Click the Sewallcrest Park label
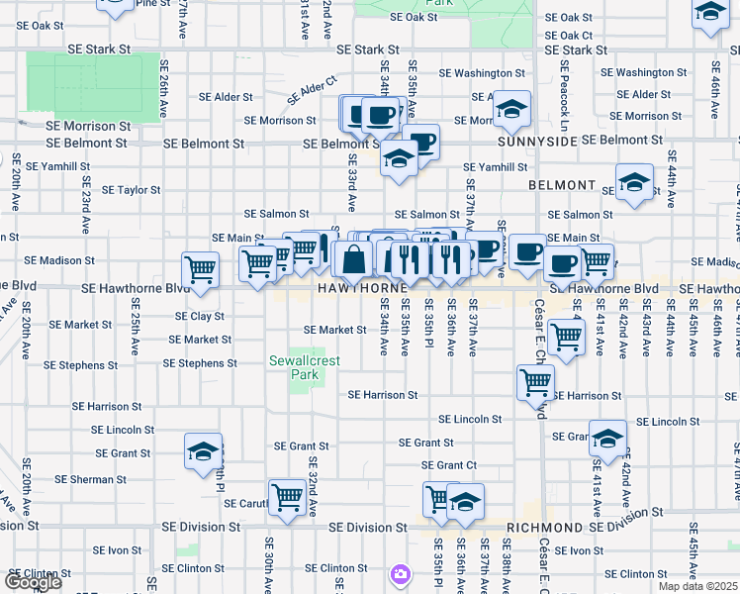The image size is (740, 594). click(x=305, y=368)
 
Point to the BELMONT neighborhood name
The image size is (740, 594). click(x=562, y=186)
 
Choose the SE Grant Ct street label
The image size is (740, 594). click(x=449, y=465)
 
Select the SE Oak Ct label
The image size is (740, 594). click(x=568, y=35)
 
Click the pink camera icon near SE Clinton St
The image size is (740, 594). click(x=400, y=574)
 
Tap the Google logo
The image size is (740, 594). click(x=32, y=582)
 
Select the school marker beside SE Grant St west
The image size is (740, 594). click(x=203, y=452)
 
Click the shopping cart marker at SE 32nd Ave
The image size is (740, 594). click(x=287, y=497)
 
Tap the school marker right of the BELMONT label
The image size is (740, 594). click(x=634, y=182)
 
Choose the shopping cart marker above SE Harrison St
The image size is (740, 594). click(x=535, y=382)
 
